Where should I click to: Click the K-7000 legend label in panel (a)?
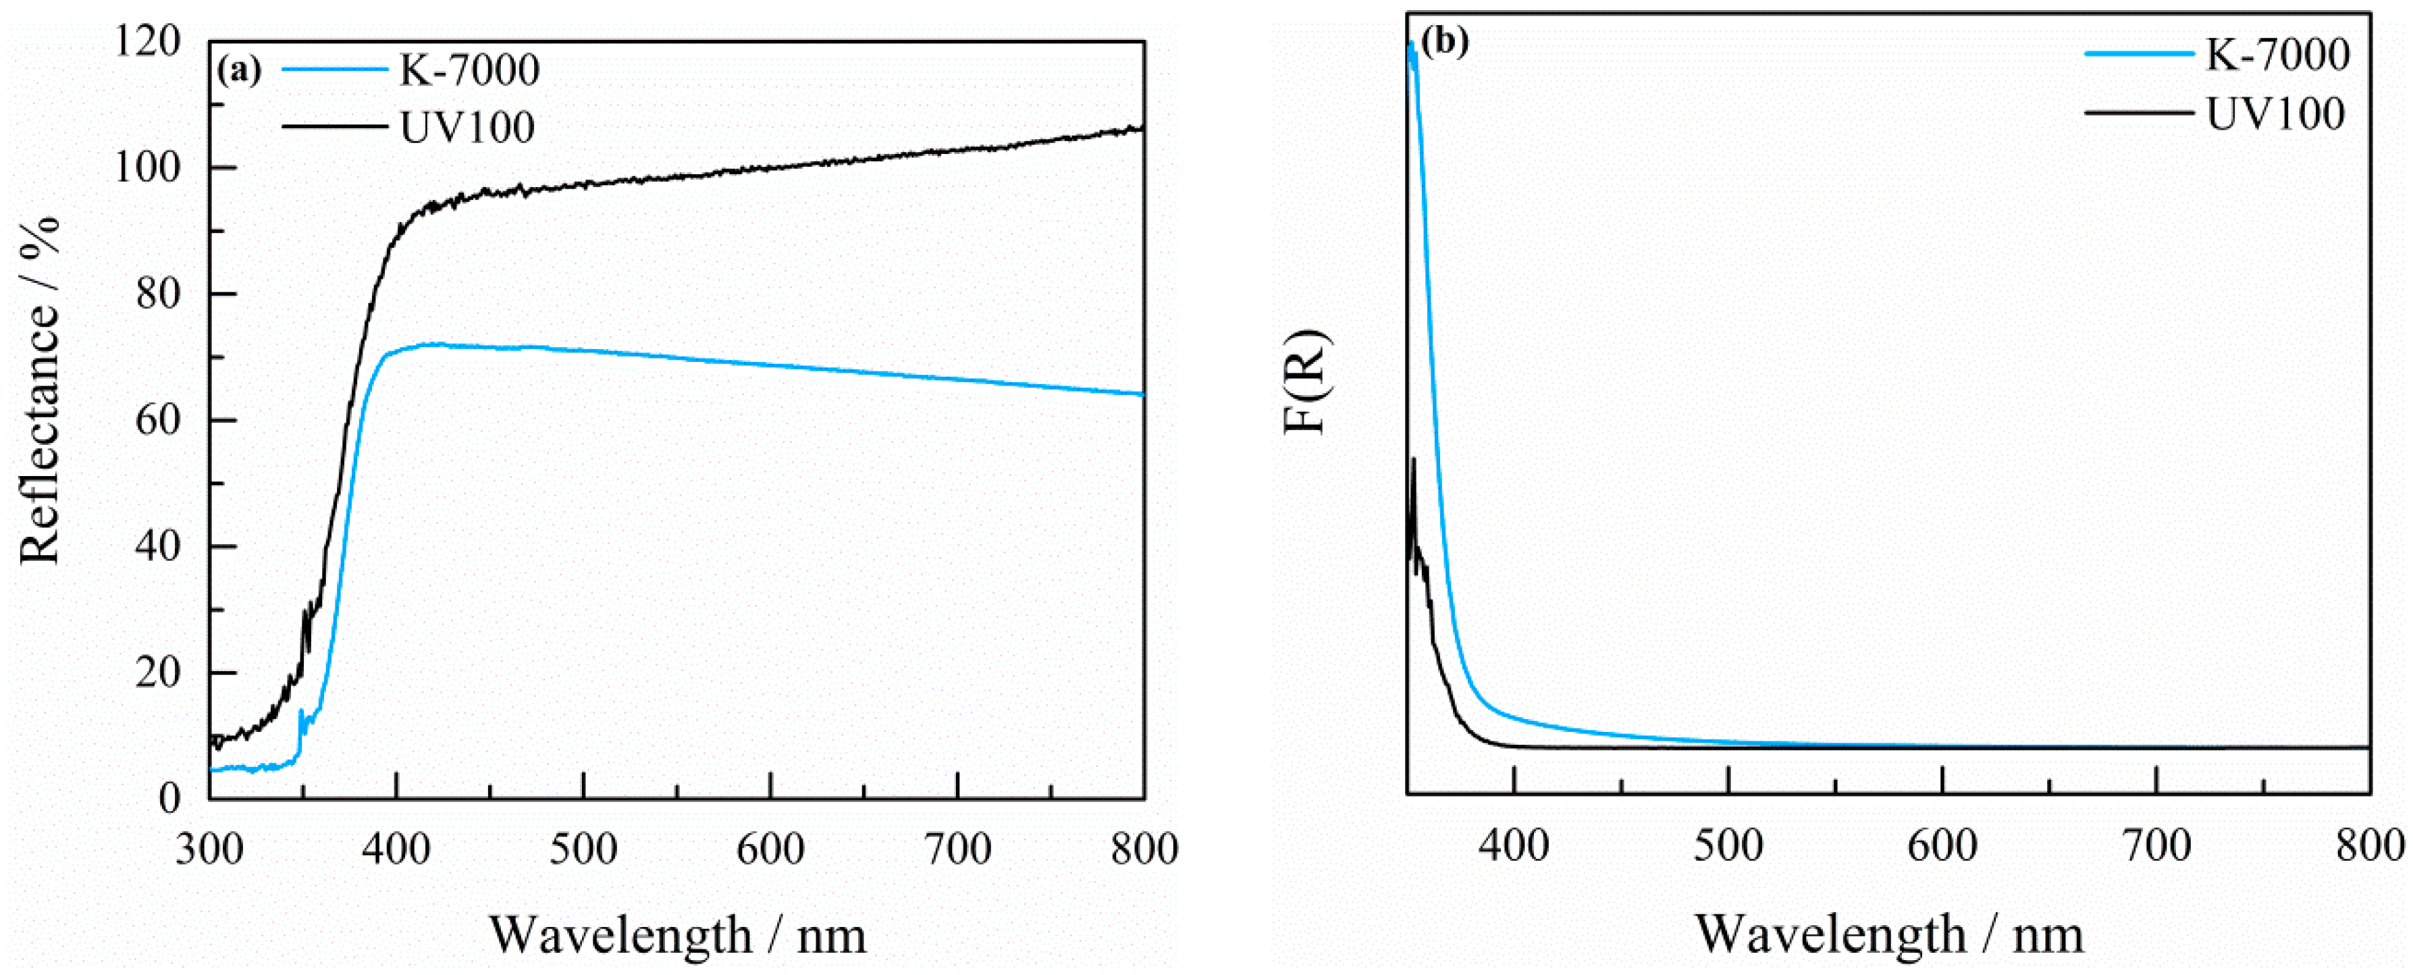[x=469, y=70]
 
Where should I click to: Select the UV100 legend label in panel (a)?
[x=467, y=128]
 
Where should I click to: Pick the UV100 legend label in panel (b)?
[x=2275, y=113]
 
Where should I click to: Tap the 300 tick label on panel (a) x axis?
[x=211, y=849]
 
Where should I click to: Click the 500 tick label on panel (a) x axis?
[x=583, y=849]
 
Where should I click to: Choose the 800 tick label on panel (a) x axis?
[x=1144, y=849]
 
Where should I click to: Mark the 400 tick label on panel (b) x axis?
[x=1514, y=846]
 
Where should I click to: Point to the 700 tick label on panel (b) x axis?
[x=2156, y=846]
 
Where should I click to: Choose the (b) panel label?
[x=1444, y=42]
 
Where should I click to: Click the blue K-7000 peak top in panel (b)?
[x=1410, y=44]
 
